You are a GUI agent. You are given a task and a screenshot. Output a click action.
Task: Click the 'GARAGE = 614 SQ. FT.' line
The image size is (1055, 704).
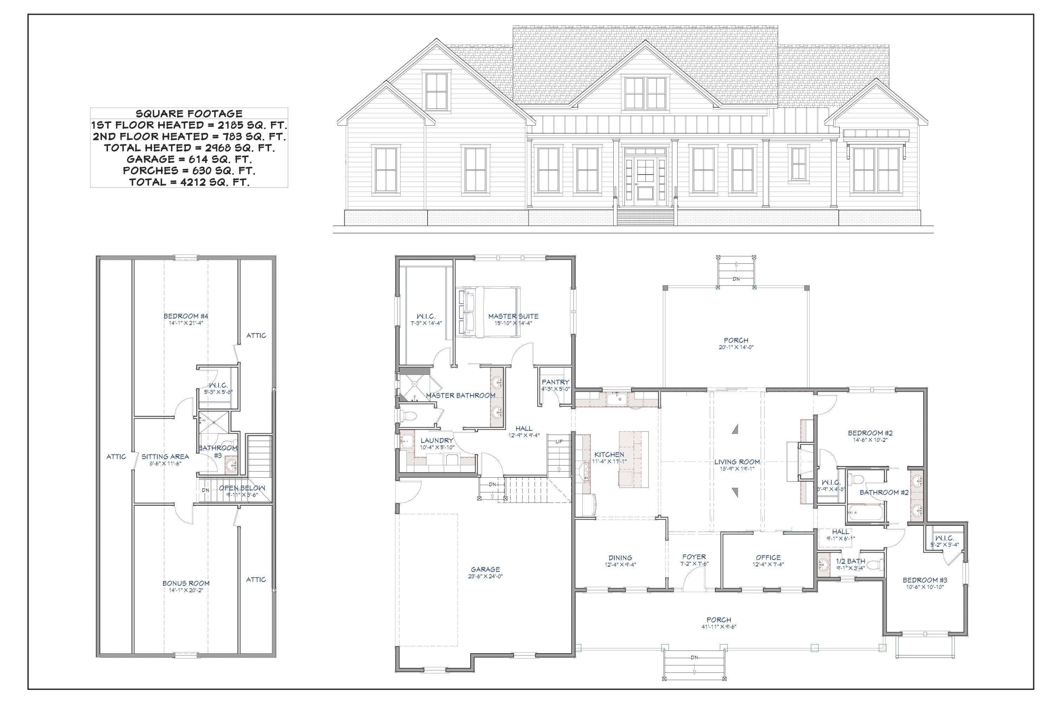tap(189, 159)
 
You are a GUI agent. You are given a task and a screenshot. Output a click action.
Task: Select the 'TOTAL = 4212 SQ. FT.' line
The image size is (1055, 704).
tap(189, 182)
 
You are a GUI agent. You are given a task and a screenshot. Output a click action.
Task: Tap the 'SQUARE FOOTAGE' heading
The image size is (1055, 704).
tap(189, 114)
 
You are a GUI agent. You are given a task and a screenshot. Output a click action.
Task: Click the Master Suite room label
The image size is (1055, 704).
tap(513, 316)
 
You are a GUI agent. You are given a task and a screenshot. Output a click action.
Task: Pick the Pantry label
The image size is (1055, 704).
tap(555, 382)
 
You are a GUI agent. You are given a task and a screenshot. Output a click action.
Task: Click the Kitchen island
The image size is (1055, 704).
tap(633, 459)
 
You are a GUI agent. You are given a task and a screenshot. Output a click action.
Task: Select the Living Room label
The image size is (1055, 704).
tap(737, 461)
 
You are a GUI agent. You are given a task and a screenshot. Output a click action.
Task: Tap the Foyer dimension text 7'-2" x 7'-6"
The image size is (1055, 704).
tap(694, 564)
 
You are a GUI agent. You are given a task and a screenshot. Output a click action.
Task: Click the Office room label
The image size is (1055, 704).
tap(768, 558)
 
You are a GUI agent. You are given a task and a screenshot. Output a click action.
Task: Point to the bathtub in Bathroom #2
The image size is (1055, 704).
tap(865, 512)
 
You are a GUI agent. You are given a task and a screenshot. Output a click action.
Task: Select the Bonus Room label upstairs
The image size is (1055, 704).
tap(186, 583)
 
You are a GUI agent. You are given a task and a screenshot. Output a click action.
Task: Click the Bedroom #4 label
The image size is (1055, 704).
tap(186, 316)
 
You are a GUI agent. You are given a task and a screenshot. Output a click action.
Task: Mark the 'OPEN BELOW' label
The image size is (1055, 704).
tap(242, 488)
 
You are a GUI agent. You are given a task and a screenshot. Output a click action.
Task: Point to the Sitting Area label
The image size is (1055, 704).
tap(165, 457)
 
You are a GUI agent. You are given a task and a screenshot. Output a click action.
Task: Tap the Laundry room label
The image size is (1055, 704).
tap(436, 440)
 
